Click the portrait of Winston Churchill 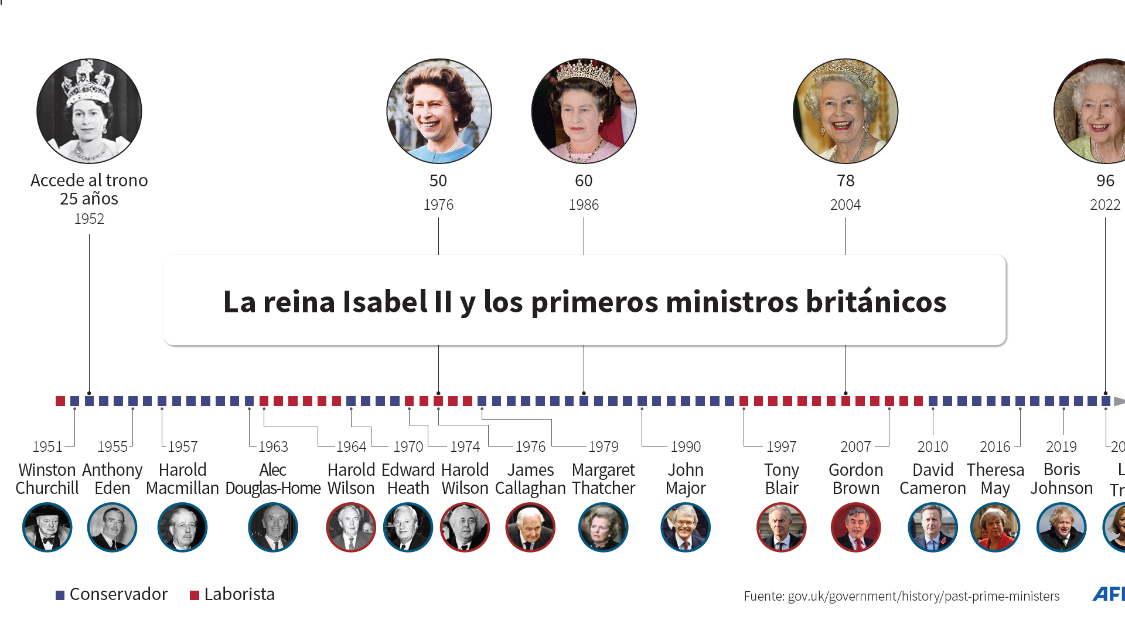click(x=47, y=527)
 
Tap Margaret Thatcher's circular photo click(x=603, y=527)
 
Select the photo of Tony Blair click(x=781, y=527)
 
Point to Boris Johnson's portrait click(x=1061, y=527)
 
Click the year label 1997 click(x=781, y=447)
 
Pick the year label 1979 click(x=603, y=447)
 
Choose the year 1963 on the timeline click(x=273, y=447)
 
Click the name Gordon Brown click(x=855, y=479)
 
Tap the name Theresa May click(x=995, y=479)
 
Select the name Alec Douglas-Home click(x=273, y=479)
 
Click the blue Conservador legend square click(x=60, y=595)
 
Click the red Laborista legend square click(x=195, y=595)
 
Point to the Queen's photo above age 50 click(x=439, y=111)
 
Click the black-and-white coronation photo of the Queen click(x=89, y=111)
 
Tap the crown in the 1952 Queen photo click(x=88, y=82)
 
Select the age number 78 click(x=846, y=180)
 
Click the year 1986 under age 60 click(x=584, y=205)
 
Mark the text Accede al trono click(x=89, y=180)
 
